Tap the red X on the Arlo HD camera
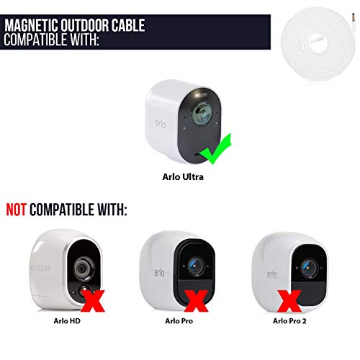coord(93,301)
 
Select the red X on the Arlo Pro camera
coord(196,301)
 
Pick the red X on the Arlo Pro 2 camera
coord(289,301)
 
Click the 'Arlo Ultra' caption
coord(183,177)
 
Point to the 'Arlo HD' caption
coord(67,321)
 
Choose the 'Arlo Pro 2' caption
coord(289,321)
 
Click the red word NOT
coord(16,210)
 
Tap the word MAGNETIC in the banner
coord(31,25)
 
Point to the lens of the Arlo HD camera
coord(82,269)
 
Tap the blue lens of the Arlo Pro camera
coord(195,266)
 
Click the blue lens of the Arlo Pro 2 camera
coord(309,268)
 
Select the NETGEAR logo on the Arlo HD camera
coord(40,268)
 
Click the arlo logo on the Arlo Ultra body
coord(161,124)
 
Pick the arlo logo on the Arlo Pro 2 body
coord(272,274)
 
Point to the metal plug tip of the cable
coord(354,17)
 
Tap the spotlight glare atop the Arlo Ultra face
coord(200,94)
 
